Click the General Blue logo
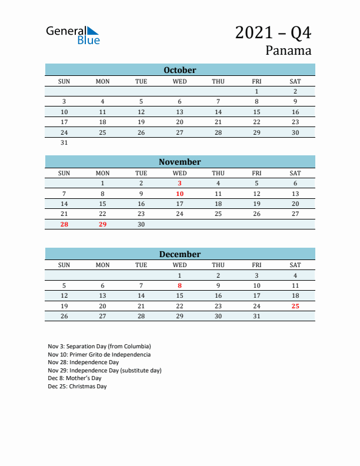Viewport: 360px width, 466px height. click(x=73, y=35)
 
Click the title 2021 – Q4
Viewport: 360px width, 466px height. click(x=273, y=32)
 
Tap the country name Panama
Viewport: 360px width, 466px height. click(x=288, y=50)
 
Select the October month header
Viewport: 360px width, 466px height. click(x=180, y=70)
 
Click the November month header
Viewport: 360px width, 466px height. click(x=180, y=162)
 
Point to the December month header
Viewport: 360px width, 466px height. click(x=180, y=254)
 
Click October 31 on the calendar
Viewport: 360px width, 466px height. click(x=65, y=142)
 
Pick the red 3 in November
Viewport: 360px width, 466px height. click(x=180, y=184)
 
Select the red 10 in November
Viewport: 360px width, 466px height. click(x=180, y=194)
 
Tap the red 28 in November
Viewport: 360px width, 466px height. click(x=65, y=224)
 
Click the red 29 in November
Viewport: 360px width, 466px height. click(x=103, y=224)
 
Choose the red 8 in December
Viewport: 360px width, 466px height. click(x=180, y=285)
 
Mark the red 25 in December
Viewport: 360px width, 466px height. click(x=295, y=306)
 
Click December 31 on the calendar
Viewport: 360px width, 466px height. click(x=257, y=316)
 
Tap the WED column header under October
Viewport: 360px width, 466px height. click(x=180, y=81)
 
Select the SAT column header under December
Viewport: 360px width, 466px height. click(x=295, y=265)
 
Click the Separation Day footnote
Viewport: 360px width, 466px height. click(x=99, y=347)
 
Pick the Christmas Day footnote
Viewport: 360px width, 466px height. click(x=78, y=387)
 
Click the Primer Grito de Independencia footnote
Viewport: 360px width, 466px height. click(x=99, y=355)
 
